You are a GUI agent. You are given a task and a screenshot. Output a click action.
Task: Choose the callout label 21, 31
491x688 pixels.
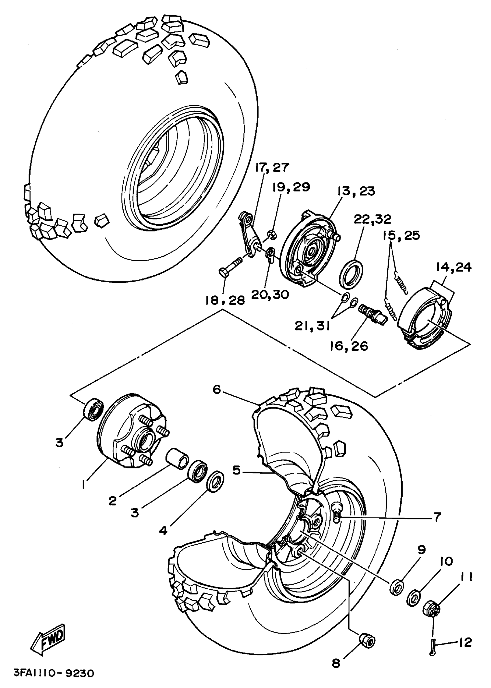tap(312, 326)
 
